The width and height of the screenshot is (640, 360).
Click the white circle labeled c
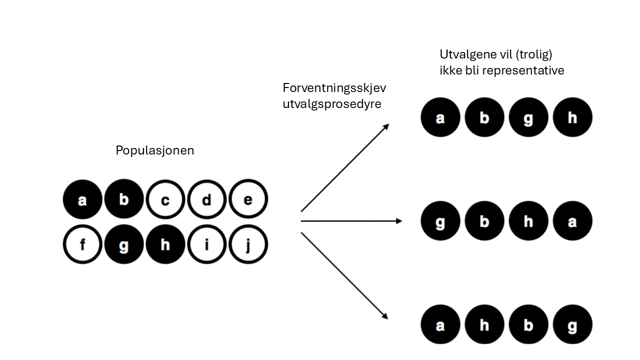point(165,199)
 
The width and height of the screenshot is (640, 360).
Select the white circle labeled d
point(207,199)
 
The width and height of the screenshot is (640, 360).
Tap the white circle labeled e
point(248,199)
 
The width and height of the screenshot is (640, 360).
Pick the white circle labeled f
point(82,245)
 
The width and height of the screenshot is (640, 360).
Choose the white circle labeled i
point(207,245)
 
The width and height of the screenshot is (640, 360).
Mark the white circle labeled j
point(248,245)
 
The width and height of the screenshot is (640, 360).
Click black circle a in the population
point(82,199)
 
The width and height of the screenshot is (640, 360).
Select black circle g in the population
point(124,245)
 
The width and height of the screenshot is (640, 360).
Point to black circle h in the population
point(165,245)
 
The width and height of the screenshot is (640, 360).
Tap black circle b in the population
point(124,199)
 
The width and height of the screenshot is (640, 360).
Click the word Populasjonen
point(154,150)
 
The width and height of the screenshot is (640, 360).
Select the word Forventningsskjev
point(334,88)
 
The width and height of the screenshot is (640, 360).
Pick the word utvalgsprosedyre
point(331,104)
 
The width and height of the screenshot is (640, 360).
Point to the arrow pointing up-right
point(345,167)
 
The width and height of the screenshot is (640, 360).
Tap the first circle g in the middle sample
point(440,220)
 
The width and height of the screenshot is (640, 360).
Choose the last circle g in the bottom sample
point(572,325)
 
